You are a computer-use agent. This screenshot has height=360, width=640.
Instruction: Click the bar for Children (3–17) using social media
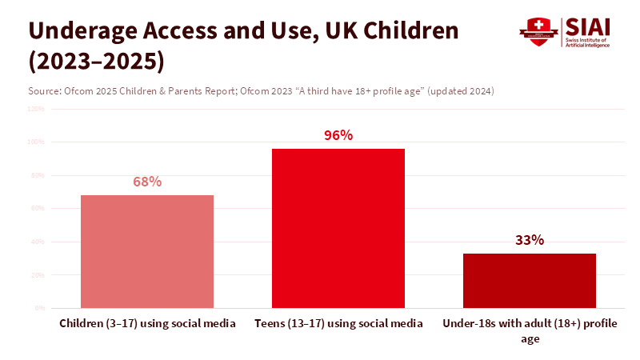pos(147,251)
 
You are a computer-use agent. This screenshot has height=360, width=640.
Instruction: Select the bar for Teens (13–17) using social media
pos(338,228)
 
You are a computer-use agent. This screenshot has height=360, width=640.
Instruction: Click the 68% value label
pos(147,182)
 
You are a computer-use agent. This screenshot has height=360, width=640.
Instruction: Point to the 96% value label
pos(338,135)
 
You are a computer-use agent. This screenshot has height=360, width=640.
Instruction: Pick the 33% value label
pos(530,240)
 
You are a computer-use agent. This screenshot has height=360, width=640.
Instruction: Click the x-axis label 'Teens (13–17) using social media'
pos(338,324)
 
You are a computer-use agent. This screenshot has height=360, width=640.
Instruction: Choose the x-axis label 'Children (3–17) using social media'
pos(147,324)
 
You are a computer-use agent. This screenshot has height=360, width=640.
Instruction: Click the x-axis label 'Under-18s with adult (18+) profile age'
pos(530,331)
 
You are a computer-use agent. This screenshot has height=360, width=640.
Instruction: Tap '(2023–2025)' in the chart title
pos(97,61)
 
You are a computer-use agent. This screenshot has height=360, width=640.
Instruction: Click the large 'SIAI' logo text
pos(588,26)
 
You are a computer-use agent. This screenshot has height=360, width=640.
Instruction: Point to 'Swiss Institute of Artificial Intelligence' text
pos(588,42)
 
